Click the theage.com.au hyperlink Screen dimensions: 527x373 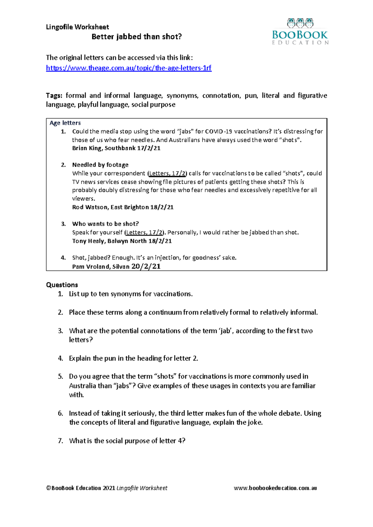click(x=129, y=68)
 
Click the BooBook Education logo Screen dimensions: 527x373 click(x=300, y=32)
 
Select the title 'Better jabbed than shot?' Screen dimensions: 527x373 click(x=136, y=37)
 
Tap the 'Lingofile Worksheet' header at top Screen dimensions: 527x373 click(x=77, y=27)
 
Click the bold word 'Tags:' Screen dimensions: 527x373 click(x=54, y=96)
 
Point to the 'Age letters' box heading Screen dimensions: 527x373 click(x=65, y=123)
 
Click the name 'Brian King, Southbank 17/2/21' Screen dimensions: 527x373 click(x=116, y=148)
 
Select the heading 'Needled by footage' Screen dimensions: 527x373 click(x=100, y=165)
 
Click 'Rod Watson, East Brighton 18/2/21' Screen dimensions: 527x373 click(x=123, y=207)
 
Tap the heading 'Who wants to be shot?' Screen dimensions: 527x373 click(x=105, y=224)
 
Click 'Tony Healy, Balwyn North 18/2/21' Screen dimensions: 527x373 click(x=122, y=241)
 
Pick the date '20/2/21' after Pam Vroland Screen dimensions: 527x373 click(x=146, y=266)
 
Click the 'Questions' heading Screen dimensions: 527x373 click(x=62, y=285)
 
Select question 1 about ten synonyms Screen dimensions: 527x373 click(x=131, y=294)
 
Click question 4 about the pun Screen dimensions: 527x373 click(x=133, y=358)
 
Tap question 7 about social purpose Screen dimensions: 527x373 click(x=127, y=441)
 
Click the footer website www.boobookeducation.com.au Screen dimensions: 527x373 click(x=275, y=488)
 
